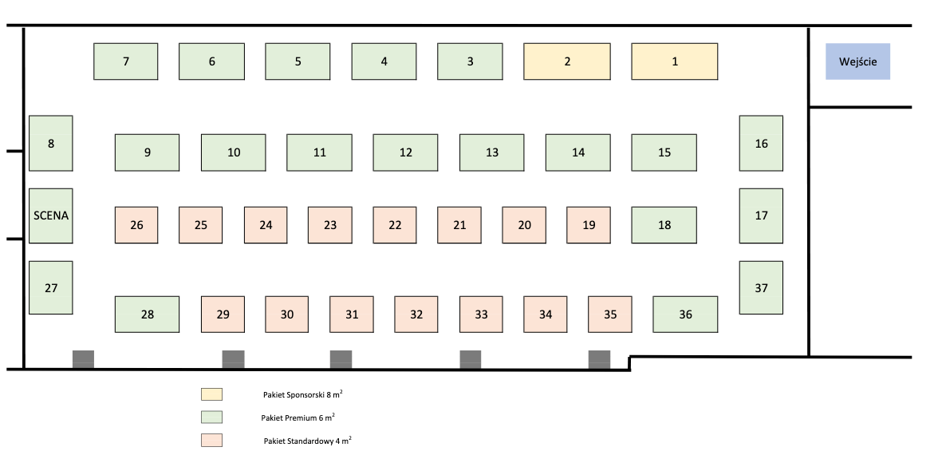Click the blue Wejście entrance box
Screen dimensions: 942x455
(857, 61)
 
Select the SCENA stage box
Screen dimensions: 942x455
(51, 216)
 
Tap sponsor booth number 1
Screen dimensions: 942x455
(675, 61)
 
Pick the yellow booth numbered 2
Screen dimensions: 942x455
(567, 61)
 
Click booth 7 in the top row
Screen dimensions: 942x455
(125, 61)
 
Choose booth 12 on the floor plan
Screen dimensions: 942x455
(405, 152)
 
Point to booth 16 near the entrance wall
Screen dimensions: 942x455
(761, 143)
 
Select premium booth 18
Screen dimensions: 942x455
(664, 225)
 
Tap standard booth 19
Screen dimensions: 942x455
(589, 225)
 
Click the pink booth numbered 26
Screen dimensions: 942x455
(136, 225)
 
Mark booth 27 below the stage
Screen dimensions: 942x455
(51, 287)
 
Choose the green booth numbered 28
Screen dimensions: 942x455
(148, 315)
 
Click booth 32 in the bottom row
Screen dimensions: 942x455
(416, 315)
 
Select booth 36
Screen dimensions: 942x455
(685, 315)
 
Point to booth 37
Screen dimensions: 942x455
(761, 287)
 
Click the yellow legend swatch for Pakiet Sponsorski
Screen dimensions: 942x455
(211, 394)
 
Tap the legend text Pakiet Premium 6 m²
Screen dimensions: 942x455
(298, 417)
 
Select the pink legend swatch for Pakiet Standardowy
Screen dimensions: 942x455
(211, 441)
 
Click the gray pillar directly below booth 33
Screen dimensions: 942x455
(471, 359)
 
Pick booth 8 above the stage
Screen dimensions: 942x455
(51, 143)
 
